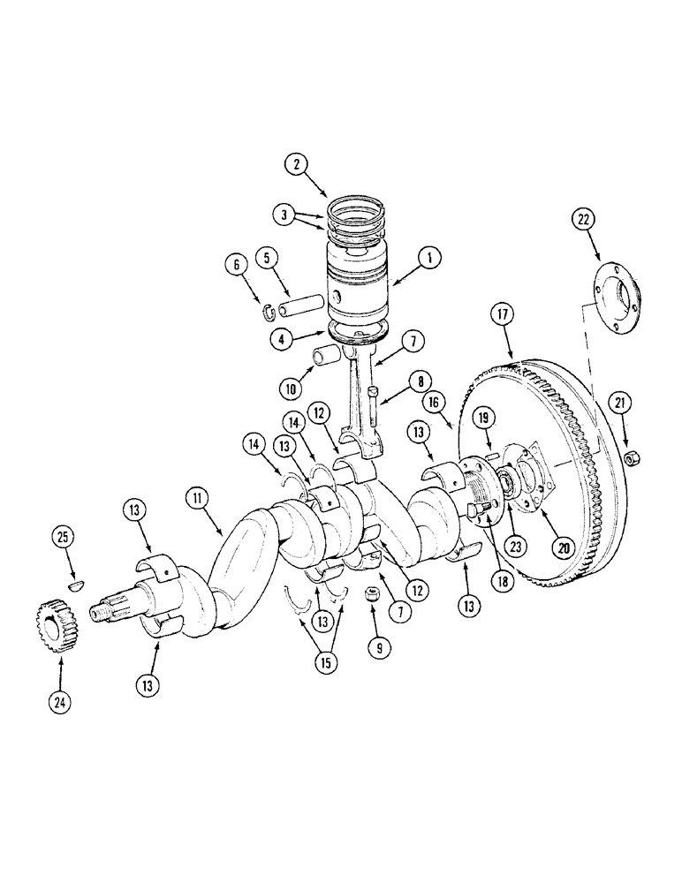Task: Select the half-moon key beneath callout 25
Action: coord(78,584)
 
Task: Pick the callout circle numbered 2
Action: coord(298,162)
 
